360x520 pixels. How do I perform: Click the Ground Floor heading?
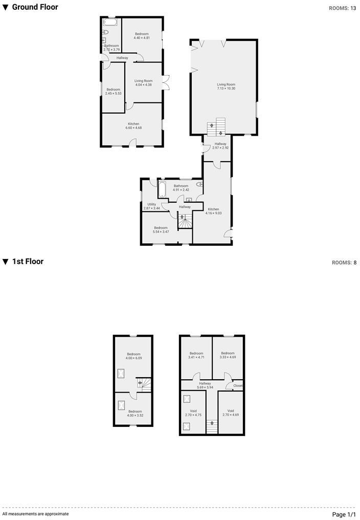coord(34,7)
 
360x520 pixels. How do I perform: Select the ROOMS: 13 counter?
coord(343,8)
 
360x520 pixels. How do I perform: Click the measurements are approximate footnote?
coord(35,513)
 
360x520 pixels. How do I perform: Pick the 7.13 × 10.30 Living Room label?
coord(226,86)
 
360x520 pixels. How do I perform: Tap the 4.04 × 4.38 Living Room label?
coord(144,82)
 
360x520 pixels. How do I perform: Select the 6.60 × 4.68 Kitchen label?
coord(133,125)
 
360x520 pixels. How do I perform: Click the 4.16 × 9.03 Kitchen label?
coord(213,211)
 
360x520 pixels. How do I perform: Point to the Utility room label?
coord(151,206)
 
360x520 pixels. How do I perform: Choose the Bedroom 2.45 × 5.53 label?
coord(113,91)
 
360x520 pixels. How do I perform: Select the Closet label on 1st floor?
coord(238,385)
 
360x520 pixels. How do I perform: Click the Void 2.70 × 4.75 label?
coord(193,413)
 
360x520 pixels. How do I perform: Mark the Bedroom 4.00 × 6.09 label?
coord(133,356)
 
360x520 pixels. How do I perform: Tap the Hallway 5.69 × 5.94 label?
coord(205,385)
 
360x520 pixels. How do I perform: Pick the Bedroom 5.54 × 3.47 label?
coord(161,229)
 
